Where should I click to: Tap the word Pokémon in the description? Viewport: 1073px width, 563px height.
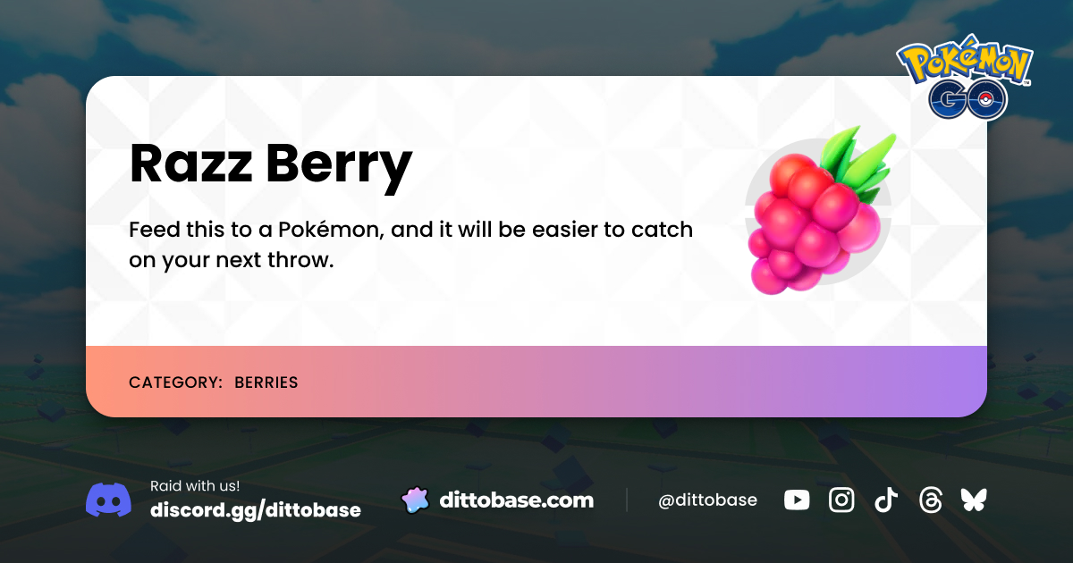[331, 230]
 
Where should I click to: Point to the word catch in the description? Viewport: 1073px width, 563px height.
[662, 230]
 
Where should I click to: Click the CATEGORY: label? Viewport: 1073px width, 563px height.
[175, 382]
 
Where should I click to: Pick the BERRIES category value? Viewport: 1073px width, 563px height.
[266, 382]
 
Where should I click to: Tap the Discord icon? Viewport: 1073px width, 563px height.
[108, 500]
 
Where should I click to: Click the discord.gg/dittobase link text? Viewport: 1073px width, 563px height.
[256, 510]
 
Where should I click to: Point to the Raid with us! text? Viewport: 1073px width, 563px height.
[195, 486]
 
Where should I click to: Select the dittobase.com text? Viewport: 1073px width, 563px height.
[516, 500]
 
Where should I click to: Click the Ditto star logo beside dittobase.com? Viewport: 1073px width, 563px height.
[415, 500]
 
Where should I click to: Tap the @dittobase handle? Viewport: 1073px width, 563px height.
[707, 500]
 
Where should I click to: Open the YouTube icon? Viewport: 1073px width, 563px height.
[797, 500]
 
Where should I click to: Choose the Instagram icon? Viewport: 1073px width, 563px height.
[841, 500]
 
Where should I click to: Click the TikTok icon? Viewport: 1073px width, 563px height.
[885, 500]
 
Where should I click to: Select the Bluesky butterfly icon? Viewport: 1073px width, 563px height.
[974, 500]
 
